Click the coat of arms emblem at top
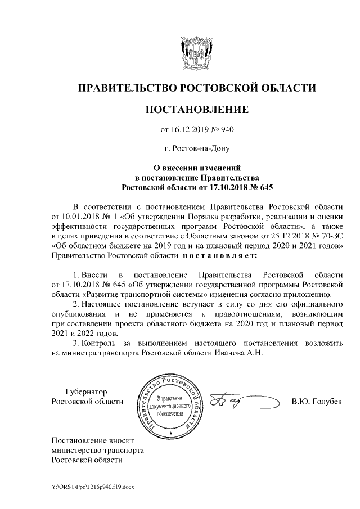pos(196,51)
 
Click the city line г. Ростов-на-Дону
pos(197,148)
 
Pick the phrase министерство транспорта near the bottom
pos(97,451)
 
